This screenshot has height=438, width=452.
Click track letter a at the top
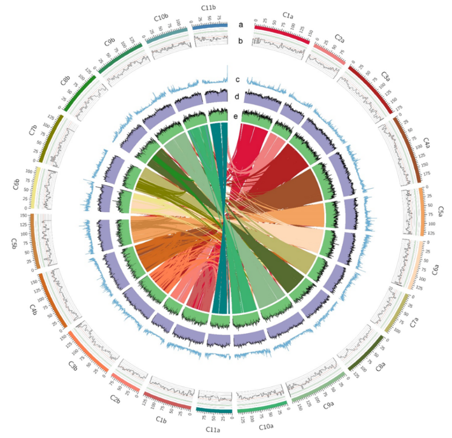pos(241,25)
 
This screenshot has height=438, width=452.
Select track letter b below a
pos(241,41)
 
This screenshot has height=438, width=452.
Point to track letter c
pos(238,79)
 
